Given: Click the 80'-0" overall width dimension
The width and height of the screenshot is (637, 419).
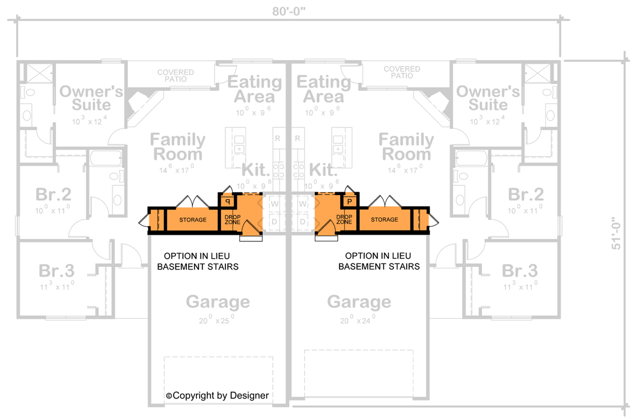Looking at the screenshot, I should click(x=288, y=11).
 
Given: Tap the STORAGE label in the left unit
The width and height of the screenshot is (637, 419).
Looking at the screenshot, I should click(x=193, y=220).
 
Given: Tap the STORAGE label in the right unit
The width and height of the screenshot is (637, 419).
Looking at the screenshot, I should click(x=384, y=220).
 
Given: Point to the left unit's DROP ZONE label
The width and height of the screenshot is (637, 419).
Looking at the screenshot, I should click(x=232, y=220).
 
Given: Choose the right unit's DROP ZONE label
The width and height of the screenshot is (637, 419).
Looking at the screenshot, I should click(x=344, y=220).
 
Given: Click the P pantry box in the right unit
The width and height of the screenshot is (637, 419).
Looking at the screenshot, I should click(x=349, y=202).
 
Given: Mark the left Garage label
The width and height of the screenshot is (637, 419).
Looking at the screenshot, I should click(x=218, y=301).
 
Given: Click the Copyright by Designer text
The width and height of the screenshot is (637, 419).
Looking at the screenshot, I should click(x=218, y=396).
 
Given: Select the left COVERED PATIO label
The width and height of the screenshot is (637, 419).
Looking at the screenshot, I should click(x=175, y=76).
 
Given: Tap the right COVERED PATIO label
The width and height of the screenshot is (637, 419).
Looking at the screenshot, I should click(x=401, y=73).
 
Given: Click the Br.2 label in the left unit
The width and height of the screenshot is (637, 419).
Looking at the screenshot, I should click(x=53, y=194).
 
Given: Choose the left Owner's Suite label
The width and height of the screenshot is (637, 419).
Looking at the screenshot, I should click(x=91, y=98).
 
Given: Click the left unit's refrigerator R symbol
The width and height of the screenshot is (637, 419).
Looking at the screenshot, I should click(x=278, y=139).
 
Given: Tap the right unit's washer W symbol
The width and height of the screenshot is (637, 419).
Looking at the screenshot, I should click(x=303, y=204).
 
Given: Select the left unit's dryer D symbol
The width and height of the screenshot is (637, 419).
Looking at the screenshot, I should click(x=275, y=223).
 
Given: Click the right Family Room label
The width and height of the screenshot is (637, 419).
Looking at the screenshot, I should click(x=406, y=147).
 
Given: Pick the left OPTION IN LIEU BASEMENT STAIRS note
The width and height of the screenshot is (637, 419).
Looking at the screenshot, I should click(x=198, y=261).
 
